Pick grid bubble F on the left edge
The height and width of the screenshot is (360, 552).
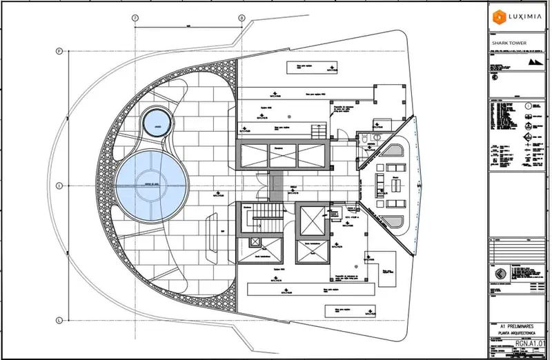click(60, 51)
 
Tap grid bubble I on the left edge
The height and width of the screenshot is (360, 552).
click(60, 185)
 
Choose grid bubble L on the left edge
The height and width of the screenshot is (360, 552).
click(60, 319)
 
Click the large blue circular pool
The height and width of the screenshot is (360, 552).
click(150, 185)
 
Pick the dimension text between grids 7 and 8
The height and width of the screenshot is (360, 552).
click(188, 26)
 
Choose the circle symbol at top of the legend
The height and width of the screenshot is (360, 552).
click(528, 106)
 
